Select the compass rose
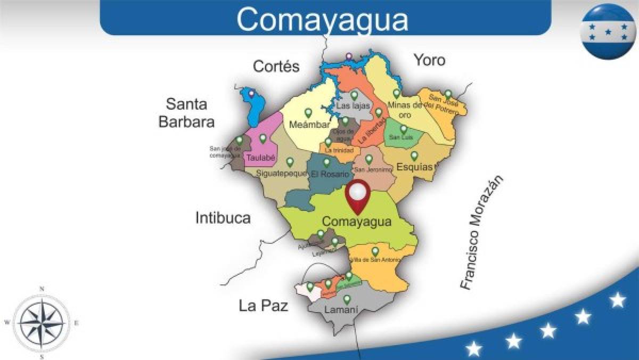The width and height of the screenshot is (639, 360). [x=42, y=322]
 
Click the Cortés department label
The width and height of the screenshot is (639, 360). [x=276, y=67]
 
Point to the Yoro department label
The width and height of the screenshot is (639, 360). [x=430, y=60]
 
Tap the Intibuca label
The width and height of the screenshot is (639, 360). [x=223, y=217]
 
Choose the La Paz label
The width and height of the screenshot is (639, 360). [x=263, y=306]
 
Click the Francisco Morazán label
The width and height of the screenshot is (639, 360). [x=481, y=233]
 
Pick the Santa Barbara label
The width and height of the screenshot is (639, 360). [x=186, y=112]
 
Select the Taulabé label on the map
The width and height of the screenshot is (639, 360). [x=260, y=158]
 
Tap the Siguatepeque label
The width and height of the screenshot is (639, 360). [x=282, y=173]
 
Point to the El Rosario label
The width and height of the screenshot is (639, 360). [x=330, y=174]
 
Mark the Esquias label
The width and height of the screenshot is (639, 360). [x=415, y=167]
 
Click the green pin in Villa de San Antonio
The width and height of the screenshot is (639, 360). [x=375, y=251]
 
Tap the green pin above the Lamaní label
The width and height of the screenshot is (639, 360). [x=347, y=299]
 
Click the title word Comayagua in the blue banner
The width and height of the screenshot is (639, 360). [x=323, y=19]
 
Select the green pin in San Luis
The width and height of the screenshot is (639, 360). [x=404, y=128]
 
